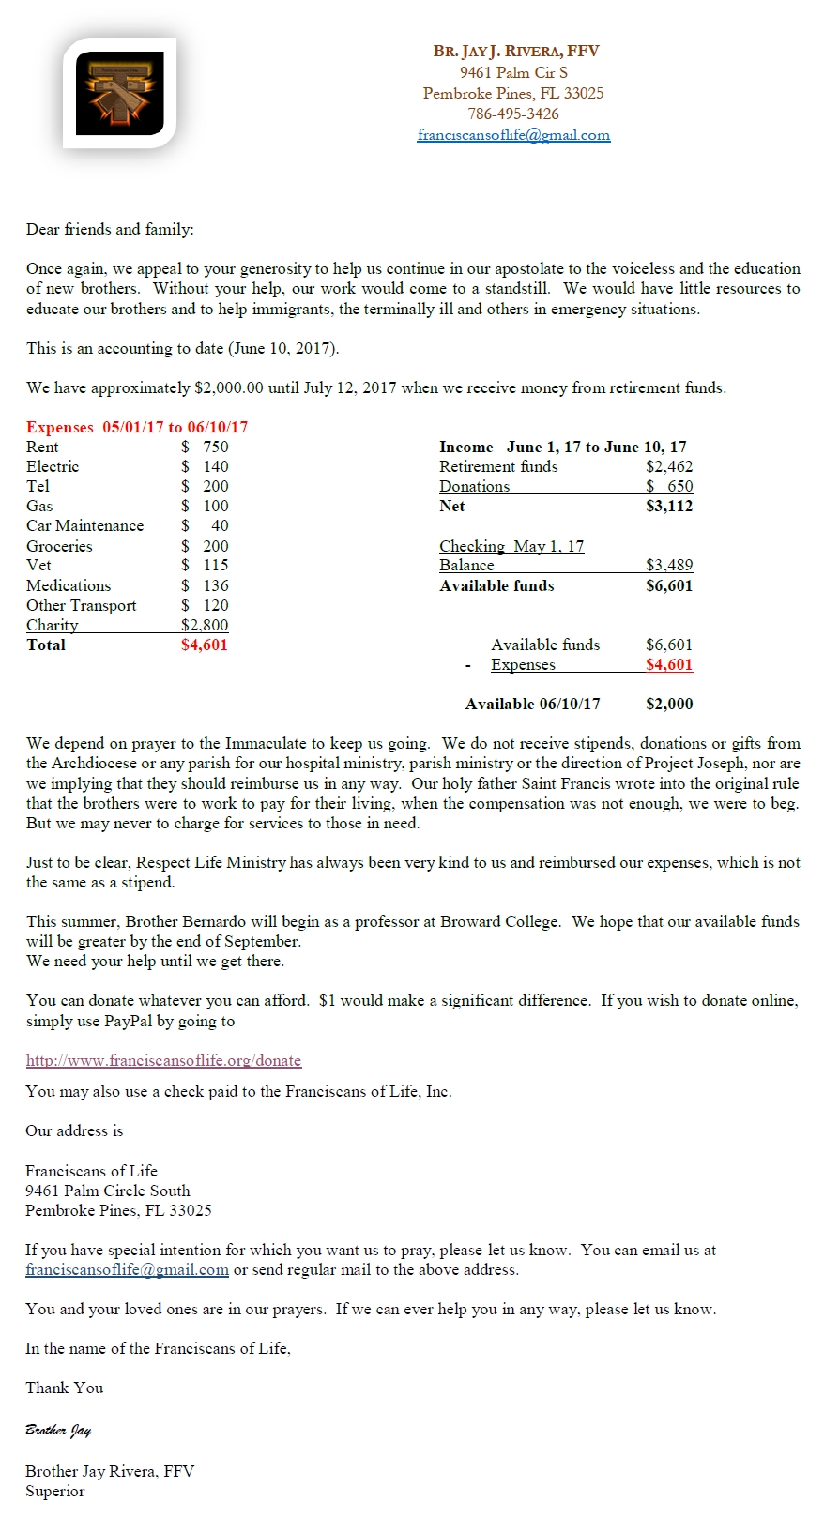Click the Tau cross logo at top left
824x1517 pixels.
119,93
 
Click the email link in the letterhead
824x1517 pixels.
513,135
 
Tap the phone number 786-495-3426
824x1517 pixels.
513,114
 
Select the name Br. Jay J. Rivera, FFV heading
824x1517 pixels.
516,52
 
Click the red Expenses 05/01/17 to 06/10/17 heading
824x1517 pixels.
137,428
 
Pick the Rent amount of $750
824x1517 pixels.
205,448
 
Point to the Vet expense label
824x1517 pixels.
38,566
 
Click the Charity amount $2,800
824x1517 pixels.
205,625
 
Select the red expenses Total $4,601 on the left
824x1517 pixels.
205,645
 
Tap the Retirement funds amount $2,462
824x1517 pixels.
669,467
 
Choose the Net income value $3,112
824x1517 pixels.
669,507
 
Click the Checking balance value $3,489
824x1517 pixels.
669,566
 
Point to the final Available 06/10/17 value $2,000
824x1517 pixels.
669,705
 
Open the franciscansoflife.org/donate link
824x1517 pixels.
163,1061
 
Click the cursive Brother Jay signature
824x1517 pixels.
58,1431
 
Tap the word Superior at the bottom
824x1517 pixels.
54,1492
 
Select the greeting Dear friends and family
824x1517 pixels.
110,230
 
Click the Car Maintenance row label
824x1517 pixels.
84,526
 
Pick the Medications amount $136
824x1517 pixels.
205,585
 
